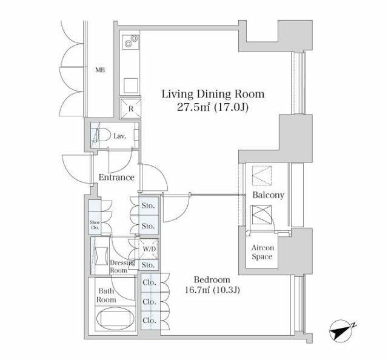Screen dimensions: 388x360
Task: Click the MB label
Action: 100,70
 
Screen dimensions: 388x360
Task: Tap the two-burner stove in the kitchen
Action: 131,41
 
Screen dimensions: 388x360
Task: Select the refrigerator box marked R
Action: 131,108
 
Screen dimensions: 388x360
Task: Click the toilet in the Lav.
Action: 102,135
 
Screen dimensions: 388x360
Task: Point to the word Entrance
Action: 116,177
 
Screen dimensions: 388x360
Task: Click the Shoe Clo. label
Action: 95,225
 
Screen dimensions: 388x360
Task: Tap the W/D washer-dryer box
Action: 149,249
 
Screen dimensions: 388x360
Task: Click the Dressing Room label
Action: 122,266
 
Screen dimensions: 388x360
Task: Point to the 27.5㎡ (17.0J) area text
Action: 213,107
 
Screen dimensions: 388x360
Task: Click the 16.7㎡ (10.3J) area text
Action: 212,290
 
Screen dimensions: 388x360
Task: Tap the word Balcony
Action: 268,195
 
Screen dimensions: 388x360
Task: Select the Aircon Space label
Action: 263,252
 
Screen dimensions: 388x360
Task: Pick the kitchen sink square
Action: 131,85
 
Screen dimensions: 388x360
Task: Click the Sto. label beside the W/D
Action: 148,265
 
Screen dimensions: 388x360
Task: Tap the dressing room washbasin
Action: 101,256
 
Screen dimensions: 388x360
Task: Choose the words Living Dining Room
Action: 213,95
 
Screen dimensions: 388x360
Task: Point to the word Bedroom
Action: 212,279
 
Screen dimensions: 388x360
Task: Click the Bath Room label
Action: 106,295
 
